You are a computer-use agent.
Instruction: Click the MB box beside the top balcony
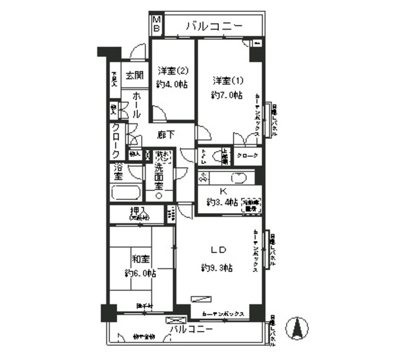pyautogui.click(x=156, y=25)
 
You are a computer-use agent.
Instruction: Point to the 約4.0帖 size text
pyautogui.click(x=173, y=84)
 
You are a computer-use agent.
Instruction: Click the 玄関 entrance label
pyautogui.click(x=133, y=75)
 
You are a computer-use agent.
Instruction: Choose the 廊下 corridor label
pyautogui.click(x=166, y=135)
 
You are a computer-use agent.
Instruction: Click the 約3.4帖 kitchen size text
pyautogui.click(x=221, y=202)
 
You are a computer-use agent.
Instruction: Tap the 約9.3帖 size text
pyautogui.click(x=216, y=268)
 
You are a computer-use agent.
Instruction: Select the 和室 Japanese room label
pyautogui.click(x=140, y=259)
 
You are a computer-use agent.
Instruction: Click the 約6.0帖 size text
pyautogui.click(x=141, y=273)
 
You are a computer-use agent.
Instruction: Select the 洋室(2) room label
pyautogui.click(x=173, y=70)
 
